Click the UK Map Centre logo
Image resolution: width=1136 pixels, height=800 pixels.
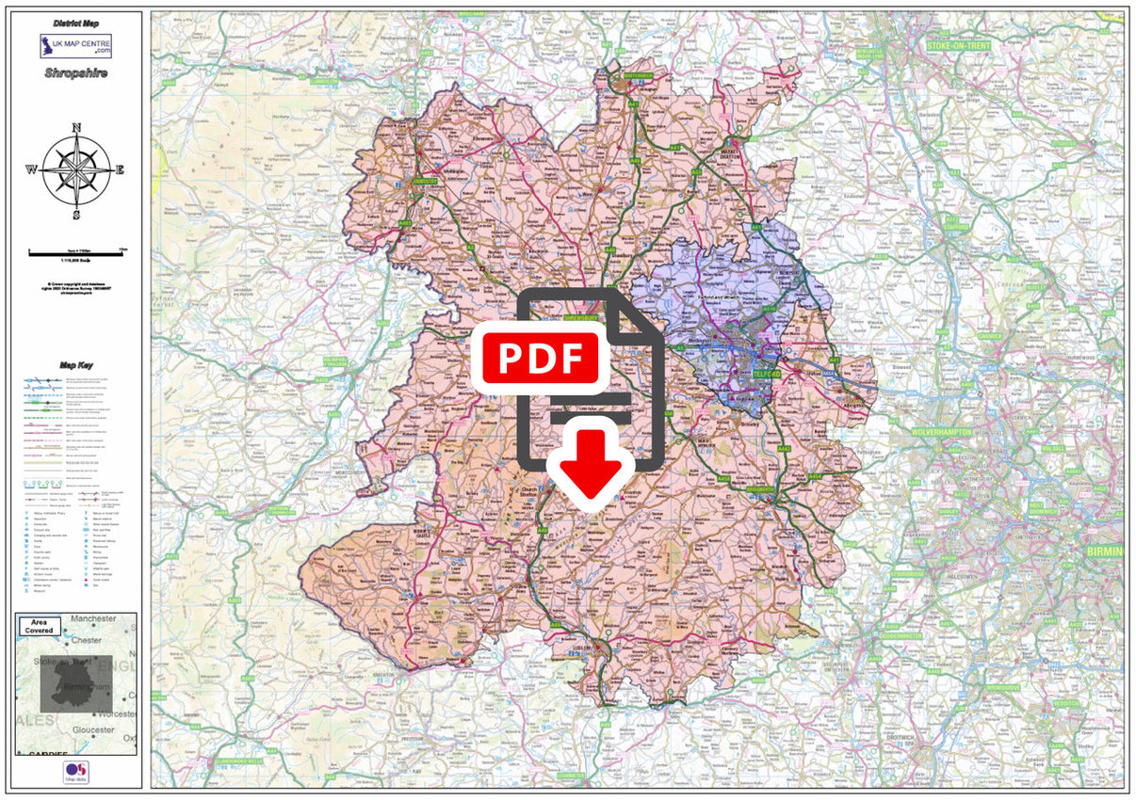point(75,46)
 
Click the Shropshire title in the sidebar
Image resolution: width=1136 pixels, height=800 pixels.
point(75,72)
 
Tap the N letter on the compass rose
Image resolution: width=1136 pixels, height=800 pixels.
point(76,127)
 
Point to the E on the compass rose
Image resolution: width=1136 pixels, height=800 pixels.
point(120,170)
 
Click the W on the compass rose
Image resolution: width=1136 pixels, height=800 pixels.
point(31,170)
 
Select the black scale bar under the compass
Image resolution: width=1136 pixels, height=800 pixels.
point(76,251)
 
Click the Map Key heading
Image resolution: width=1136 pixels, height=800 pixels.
point(76,365)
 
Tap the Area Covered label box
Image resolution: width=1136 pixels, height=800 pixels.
point(40,626)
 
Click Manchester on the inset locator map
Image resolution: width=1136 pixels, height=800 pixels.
point(92,618)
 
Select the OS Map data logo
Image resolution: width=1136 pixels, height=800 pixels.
point(75,772)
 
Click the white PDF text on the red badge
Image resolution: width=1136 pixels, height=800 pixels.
point(542,358)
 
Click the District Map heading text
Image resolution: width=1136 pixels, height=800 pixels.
point(76,24)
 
